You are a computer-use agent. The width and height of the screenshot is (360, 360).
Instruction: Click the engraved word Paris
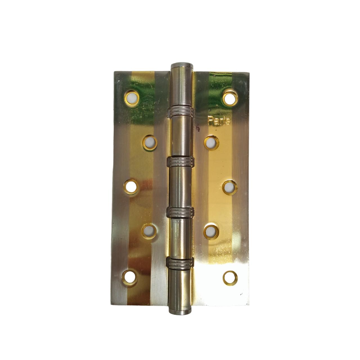tap(219, 120)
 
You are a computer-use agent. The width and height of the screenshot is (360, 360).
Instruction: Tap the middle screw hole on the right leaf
tap(230, 187)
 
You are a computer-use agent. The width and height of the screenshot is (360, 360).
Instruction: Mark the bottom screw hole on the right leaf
tap(230, 278)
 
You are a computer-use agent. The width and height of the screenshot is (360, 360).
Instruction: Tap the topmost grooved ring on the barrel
tap(182, 112)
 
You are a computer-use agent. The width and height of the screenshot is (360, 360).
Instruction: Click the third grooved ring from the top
tap(181, 212)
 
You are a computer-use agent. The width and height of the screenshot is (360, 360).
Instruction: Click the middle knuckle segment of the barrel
tap(181, 187)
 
